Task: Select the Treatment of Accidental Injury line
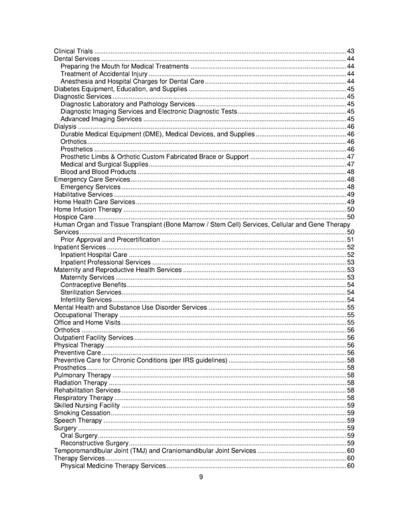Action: (103, 74)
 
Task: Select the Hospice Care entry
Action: (74, 217)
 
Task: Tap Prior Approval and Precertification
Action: (110, 239)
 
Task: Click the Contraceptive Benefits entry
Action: (92, 285)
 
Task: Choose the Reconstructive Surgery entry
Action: (94, 443)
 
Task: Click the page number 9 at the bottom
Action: (200, 477)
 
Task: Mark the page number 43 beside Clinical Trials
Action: (350, 51)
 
